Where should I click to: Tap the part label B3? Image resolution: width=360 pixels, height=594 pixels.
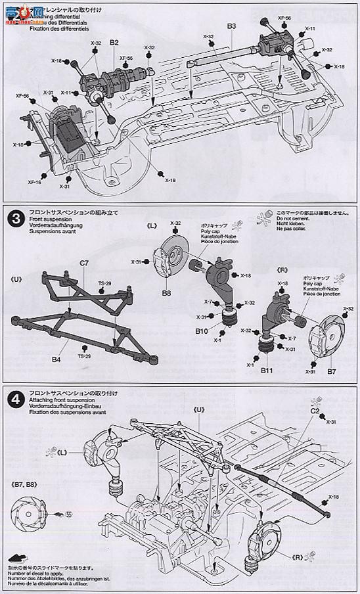coord(231,26)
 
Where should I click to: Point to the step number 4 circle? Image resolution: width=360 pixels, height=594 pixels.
coord(12,396)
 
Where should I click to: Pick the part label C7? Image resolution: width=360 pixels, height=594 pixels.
coord(84,263)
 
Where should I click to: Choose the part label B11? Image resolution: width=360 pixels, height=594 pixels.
coord(267,371)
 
